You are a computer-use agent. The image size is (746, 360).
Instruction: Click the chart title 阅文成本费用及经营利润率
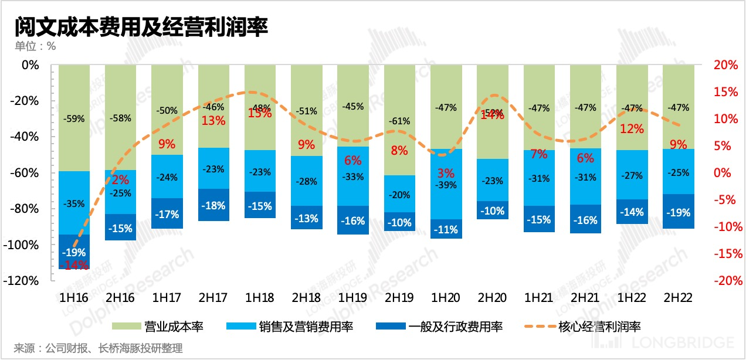pyautogui.click(x=141, y=26)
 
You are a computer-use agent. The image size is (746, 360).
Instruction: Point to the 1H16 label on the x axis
pyautogui.click(x=74, y=298)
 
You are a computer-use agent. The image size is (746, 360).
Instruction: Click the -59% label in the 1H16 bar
pyautogui.click(x=74, y=118)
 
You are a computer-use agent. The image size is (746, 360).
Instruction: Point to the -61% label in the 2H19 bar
pyautogui.click(x=399, y=121)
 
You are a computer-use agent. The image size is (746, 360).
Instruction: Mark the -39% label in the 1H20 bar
pyautogui.click(x=446, y=185)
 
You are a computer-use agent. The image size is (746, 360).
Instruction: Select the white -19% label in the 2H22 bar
pyautogui.click(x=679, y=213)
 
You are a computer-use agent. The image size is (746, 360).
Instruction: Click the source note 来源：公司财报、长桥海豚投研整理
pyautogui.click(x=98, y=348)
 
